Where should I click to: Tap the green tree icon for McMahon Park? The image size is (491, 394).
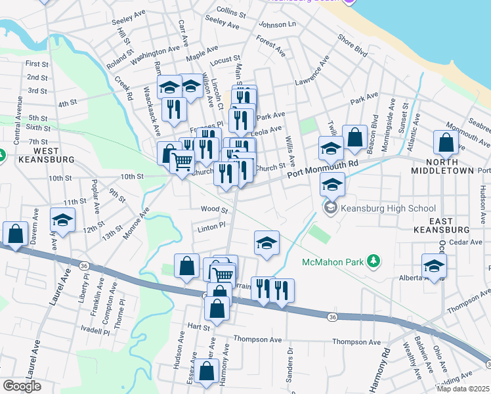(374, 261)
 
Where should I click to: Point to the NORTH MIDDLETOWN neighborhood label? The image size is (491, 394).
(442, 166)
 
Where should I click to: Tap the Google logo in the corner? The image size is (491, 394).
(22, 386)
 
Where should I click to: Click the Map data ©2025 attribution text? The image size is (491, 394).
(463, 389)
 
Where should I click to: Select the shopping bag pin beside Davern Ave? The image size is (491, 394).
(15, 233)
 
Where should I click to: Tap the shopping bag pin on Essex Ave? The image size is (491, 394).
(207, 371)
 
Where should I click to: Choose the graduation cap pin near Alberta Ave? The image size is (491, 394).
(434, 265)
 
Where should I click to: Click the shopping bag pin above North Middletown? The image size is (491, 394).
(446, 142)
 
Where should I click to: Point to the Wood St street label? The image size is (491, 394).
(214, 210)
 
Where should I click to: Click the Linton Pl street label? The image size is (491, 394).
(211, 225)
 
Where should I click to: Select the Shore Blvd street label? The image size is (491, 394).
(352, 45)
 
